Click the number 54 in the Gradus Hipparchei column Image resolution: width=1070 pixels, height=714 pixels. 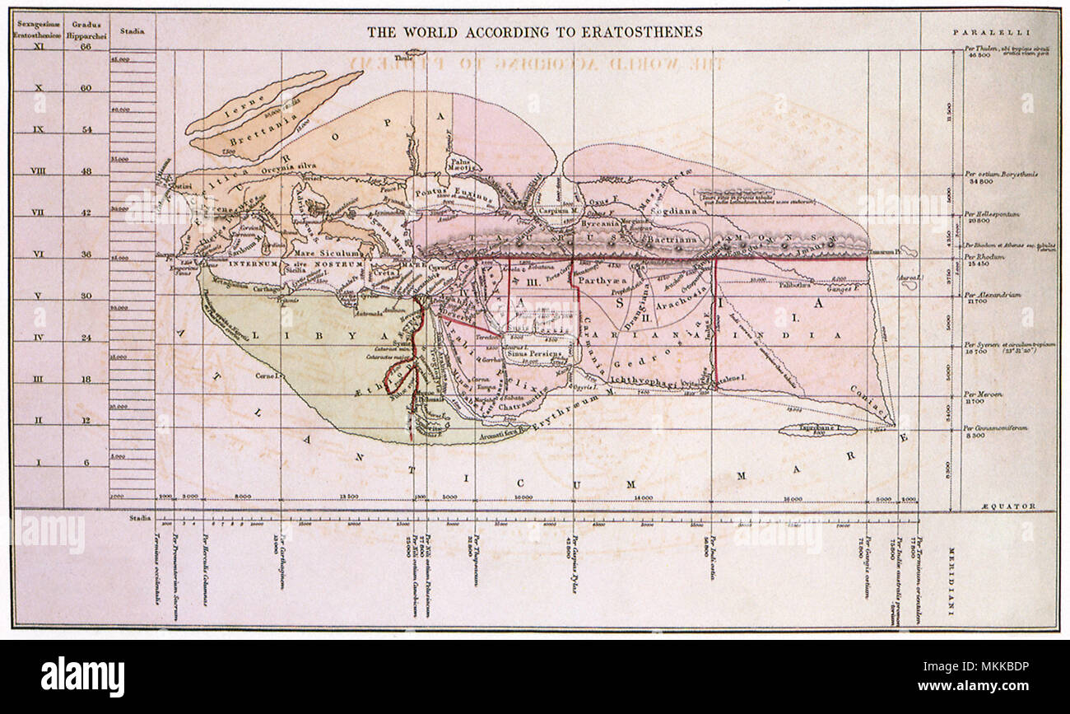[x=86, y=129]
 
